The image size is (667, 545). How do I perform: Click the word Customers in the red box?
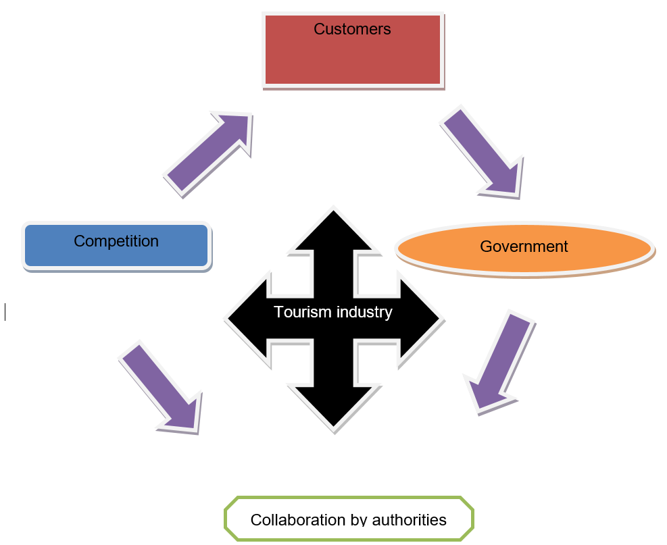[352, 29]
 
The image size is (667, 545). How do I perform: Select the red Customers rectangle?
[353, 57]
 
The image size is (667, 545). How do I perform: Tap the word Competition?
[116, 241]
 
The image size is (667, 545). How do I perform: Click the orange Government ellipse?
[524, 260]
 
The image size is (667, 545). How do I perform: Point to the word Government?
[524, 246]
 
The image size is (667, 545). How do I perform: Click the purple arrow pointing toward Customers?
[209, 152]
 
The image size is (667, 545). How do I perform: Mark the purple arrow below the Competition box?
[161, 386]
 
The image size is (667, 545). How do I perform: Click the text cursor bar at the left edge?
[5, 311]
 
